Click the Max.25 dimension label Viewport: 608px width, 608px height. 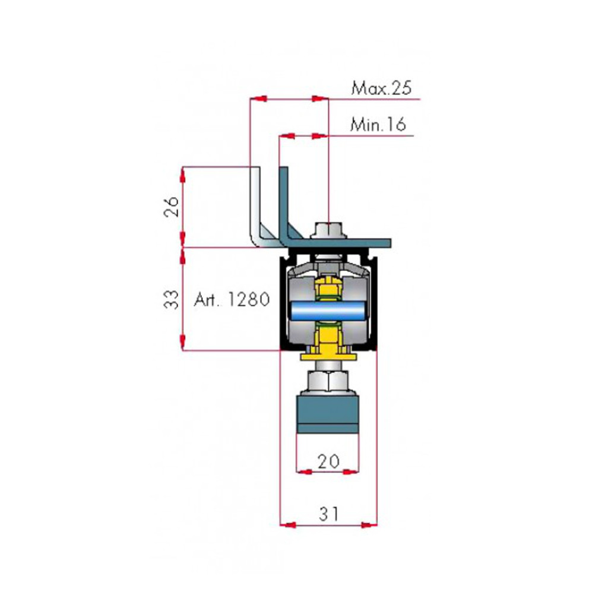pos(381,89)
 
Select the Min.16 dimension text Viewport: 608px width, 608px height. pos(378,125)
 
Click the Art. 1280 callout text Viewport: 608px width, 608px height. pos(232,299)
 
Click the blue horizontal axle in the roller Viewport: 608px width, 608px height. pos(328,310)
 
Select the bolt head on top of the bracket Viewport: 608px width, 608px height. pos(328,229)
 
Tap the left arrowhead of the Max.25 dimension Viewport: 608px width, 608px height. pos(257,98)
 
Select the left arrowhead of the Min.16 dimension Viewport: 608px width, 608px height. pos(287,136)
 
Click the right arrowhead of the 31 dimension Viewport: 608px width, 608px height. pos(370,524)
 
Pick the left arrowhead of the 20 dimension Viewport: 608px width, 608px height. pos(303,472)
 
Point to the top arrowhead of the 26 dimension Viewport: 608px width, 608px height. pos(183,174)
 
